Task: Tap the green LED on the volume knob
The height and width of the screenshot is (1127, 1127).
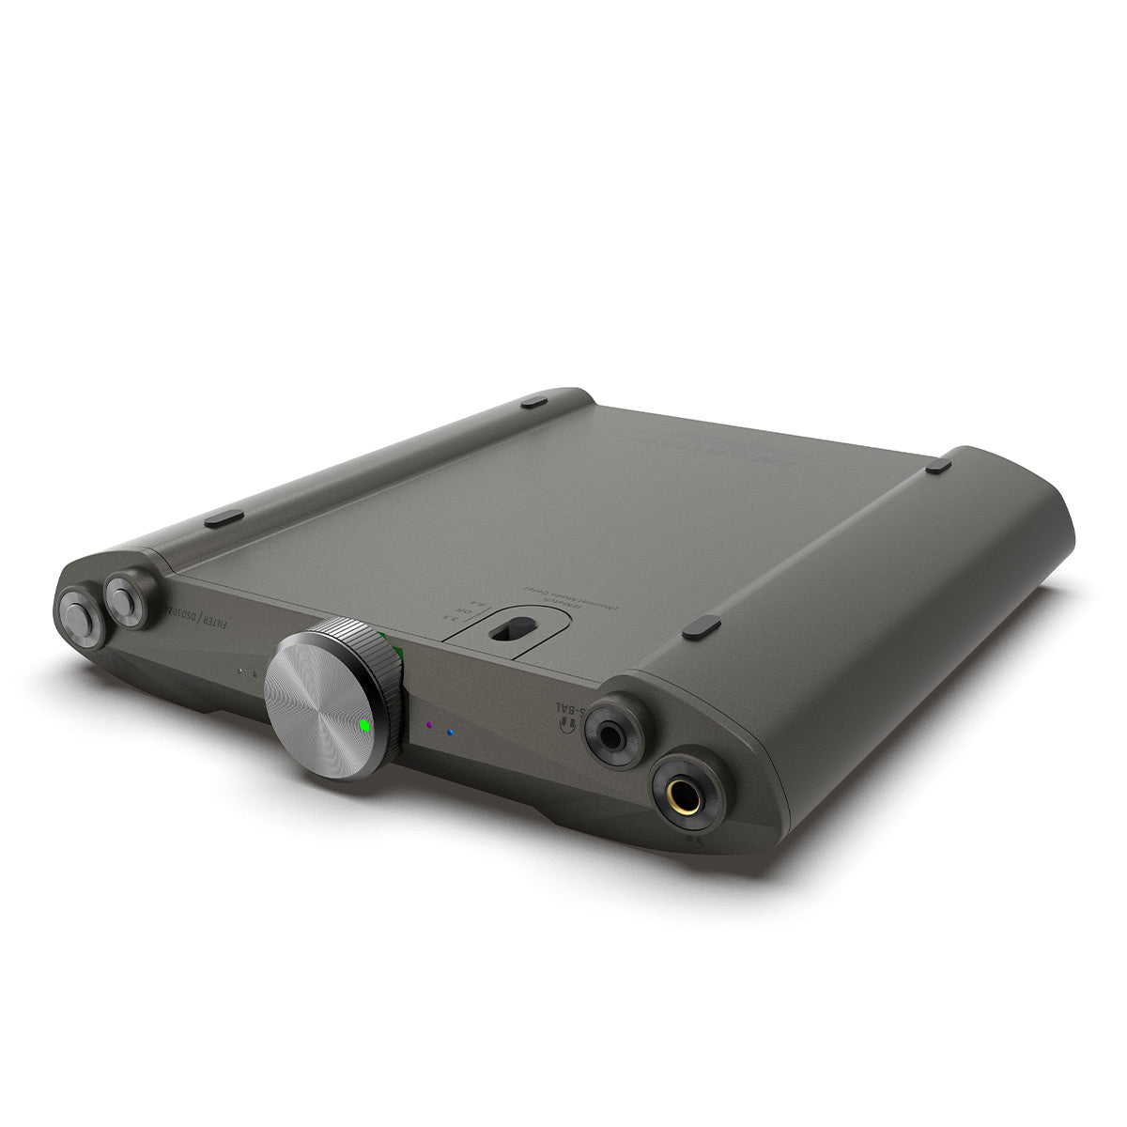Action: click(x=363, y=725)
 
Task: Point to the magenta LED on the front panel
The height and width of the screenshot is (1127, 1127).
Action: click(x=429, y=725)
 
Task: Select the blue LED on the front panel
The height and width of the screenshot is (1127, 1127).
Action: click(x=451, y=733)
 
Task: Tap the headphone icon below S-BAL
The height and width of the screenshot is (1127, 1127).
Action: click(x=565, y=726)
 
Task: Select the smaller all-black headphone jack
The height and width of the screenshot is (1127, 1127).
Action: click(x=614, y=729)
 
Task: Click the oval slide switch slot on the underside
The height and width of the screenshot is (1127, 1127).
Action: click(x=506, y=631)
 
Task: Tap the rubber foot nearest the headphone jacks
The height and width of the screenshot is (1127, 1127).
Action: click(x=702, y=627)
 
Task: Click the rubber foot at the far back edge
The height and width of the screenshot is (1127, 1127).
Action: click(x=533, y=402)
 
